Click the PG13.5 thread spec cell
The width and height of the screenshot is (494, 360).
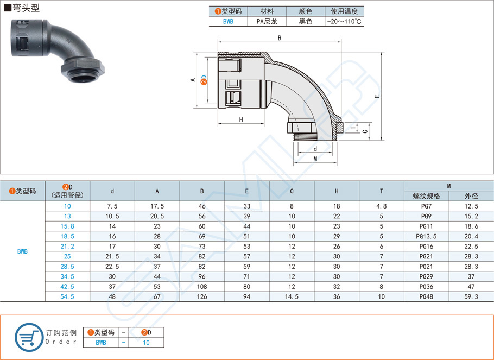pyautogui.click(x=426, y=236)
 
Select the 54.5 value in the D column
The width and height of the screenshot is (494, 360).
pyautogui.click(x=67, y=297)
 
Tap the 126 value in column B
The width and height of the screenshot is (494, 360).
pyautogui.click(x=202, y=297)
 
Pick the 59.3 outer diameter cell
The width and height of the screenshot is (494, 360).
pyautogui.click(x=471, y=297)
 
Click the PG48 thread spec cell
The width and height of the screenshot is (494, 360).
pyautogui.click(x=426, y=297)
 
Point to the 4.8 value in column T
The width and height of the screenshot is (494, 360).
pyautogui.click(x=381, y=206)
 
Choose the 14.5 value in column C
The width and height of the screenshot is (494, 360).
pyautogui.click(x=292, y=297)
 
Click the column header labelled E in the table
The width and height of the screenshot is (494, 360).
pyautogui.click(x=247, y=191)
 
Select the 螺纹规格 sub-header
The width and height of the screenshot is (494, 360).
pyautogui.click(x=426, y=196)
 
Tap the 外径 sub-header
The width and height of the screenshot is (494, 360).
pyautogui.click(x=471, y=196)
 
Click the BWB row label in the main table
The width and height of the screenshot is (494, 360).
pyautogui.click(x=22, y=251)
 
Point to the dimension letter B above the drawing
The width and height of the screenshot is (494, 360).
pyautogui.click(x=279, y=38)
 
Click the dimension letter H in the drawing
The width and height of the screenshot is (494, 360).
pyautogui.click(x=240, y=120)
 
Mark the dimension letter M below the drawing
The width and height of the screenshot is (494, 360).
pyautogui.click(x=315, y=159)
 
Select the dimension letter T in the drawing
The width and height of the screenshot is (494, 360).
pyautogui.click(x=352, y=128)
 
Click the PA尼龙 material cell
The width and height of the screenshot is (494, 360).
pyautogui.click(x=267, y=22)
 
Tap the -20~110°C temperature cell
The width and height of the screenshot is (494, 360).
pyautogui.click(x=344, y=22)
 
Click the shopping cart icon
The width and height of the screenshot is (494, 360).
pyautogui.click(x=28, y=337)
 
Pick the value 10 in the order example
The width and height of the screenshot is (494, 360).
pyautogui.click(x=146, y=343)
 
